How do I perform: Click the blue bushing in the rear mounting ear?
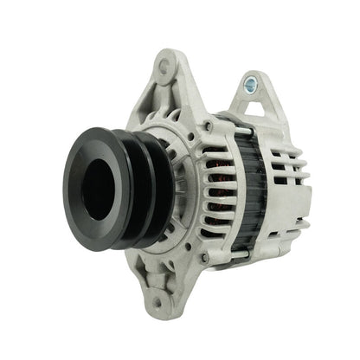click(x=251, y=84)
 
